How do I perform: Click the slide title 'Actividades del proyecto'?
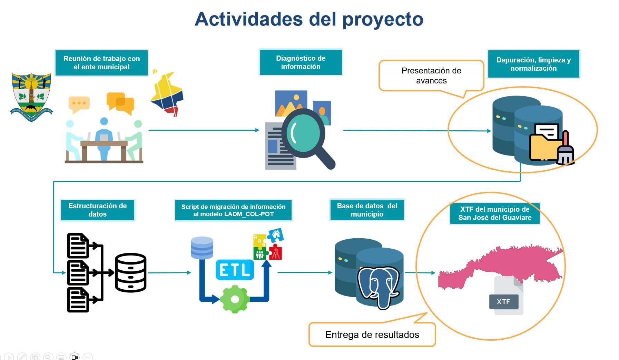tap(309, 19)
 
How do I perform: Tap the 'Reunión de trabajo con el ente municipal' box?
tap(101, 63)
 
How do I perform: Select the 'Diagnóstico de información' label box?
tap(301, 62)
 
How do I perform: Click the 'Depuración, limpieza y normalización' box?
tap(533, 64)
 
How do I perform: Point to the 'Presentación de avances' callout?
tap(431, 76)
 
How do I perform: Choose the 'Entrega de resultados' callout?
tap(372, 334)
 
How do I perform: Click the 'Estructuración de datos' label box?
tap(97, 210)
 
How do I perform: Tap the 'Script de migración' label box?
tap(233, 210)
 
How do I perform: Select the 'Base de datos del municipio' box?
tap(367, 210)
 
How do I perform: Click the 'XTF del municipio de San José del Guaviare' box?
tap(494, 213)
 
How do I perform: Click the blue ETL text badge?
tap(235, 270)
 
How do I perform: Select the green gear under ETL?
tap(235, 299)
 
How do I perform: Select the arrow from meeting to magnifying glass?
tap(204, 130)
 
